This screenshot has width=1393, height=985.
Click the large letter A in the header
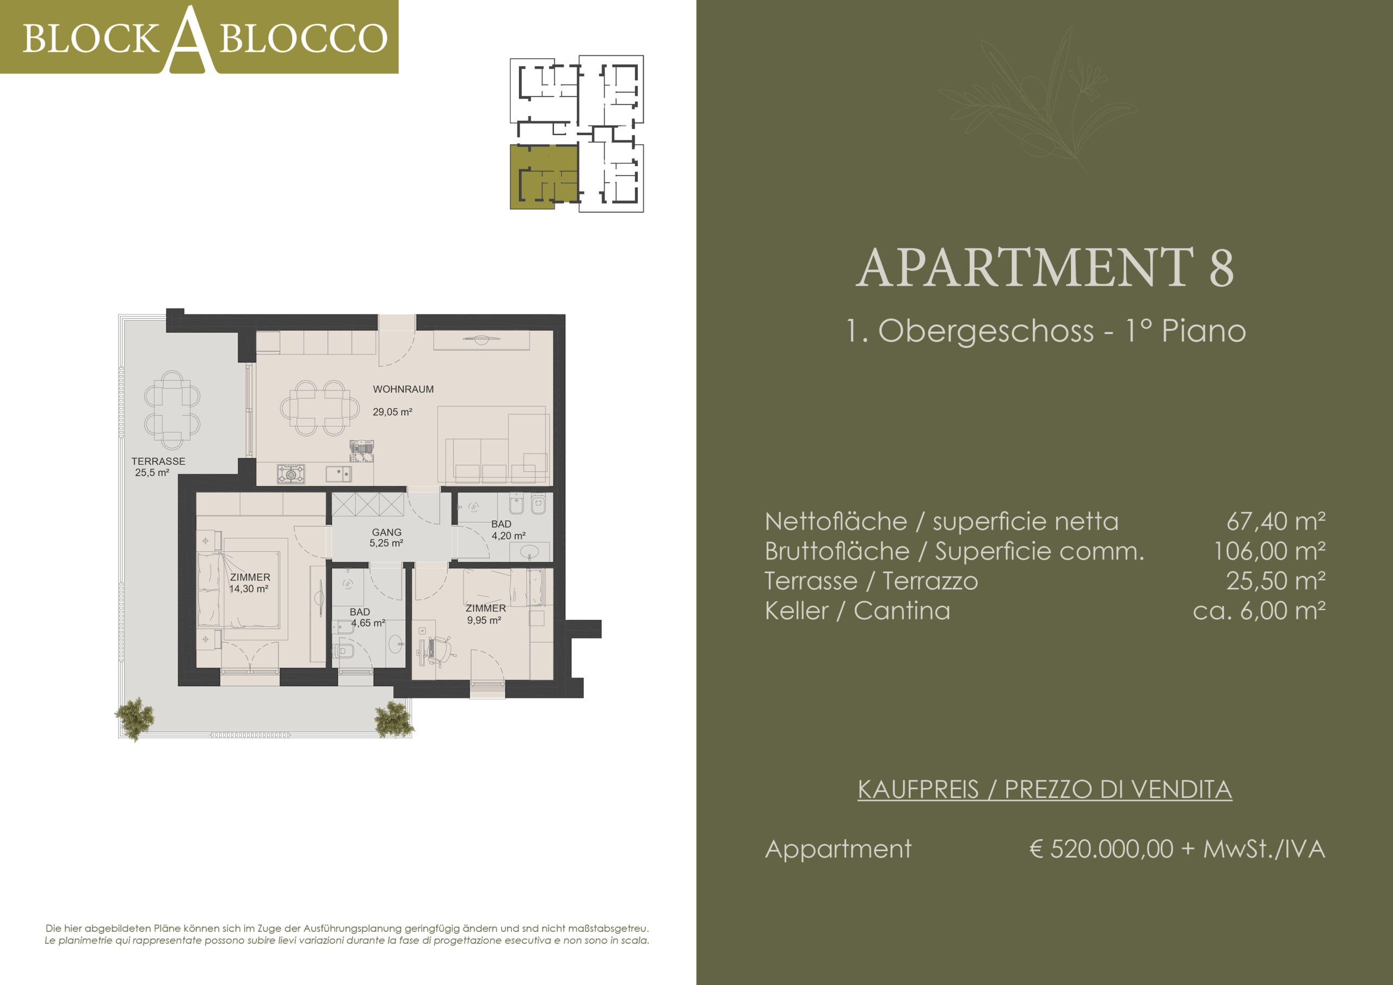click(190, 40)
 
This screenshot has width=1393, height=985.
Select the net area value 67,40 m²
click(1275, 521)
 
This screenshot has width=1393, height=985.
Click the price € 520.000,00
click(1101, 848)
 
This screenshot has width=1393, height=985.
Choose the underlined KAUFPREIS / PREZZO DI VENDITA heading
click(1045, 790)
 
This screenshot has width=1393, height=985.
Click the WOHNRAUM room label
click(403, 389)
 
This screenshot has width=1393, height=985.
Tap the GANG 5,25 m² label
click(386, 538)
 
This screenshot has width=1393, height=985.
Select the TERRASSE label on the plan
click(158, 461)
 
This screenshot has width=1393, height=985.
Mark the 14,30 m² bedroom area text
click(249, 589)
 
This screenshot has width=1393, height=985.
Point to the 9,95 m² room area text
click(484, 620)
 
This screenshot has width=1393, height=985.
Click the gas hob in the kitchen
click(291, 473)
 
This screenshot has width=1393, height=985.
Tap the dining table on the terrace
click(172, 410)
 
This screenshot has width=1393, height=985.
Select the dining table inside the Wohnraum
click(320, 408)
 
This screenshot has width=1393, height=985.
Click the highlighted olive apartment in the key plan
click(543, 176)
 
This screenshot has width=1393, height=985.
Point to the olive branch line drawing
click(1038, 100)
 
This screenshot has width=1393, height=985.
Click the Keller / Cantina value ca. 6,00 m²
click(1259, 611)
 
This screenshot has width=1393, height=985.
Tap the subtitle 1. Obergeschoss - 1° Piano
click(1045, 331)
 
